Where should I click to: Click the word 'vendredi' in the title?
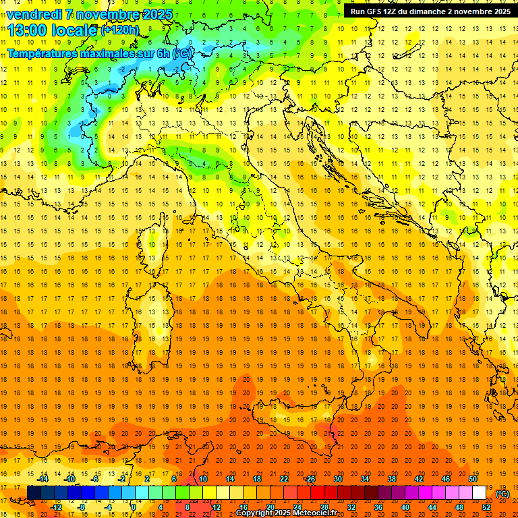pos(35,14)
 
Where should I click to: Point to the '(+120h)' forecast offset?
pos(119,30)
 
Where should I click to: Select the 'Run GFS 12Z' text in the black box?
pos(375,11)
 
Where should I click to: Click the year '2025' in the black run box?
pos(498,11)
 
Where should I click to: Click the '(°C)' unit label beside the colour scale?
pos(502,494)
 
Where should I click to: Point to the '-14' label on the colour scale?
pos(44,479)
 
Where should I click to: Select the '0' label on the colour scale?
pos(133,507)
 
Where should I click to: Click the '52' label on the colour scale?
pos(486,507)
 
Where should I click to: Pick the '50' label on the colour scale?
pos(473,479)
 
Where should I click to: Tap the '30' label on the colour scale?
pos(337,479)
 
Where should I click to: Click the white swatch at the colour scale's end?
pos(479,492)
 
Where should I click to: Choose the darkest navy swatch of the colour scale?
pos(34,492)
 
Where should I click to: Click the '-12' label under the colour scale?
pos(57,507)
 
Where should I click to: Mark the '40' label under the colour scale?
pos(405,507)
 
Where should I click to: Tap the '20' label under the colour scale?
pos(270,507)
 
